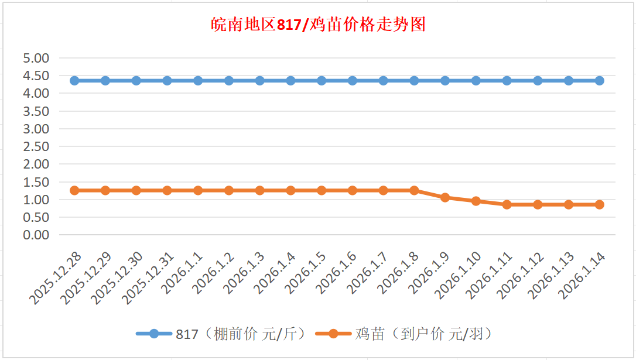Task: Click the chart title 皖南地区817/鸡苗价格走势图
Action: (x=317, y=25)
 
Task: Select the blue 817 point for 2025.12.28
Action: (x=74, y=81)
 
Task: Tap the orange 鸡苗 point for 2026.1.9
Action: (x=445, y=197)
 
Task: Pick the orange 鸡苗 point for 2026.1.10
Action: (x=476, y=201)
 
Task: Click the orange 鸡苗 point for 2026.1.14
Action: (x=600, y=204)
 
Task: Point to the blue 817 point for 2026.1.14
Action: (x=600, y=81)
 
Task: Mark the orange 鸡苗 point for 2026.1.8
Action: (x=414, y=190)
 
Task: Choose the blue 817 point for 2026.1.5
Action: (x=322, y=81)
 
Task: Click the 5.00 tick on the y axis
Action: (x=36, y=58)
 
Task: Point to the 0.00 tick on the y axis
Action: (x=36, y=235)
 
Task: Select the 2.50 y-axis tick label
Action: (x=36, y=146)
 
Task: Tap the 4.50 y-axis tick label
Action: (x=36, y=76)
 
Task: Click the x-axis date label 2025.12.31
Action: (x=147, y=279)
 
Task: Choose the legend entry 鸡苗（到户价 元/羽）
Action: (x=404, y=334)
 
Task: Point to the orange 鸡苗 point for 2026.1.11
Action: (x=507, y=204)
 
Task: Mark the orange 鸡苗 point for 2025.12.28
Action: (x=74, y=190)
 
